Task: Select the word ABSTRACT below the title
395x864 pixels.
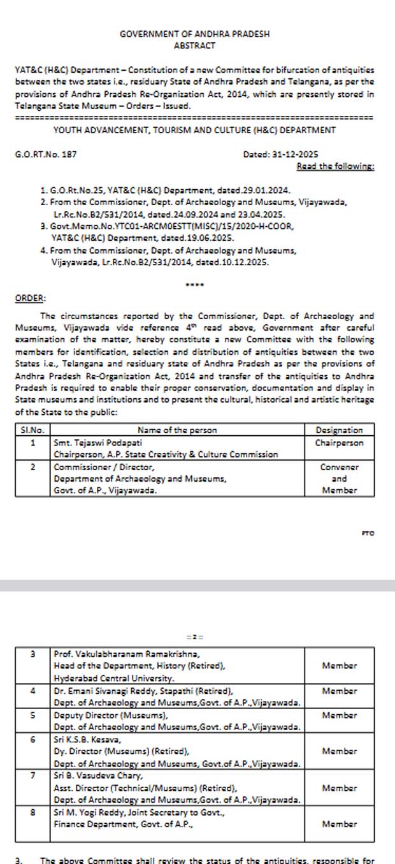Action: point(194,46)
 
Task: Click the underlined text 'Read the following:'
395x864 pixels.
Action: point(335,166)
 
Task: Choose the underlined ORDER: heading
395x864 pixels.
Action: point(30,298)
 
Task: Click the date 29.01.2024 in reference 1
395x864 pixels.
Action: point(264,190)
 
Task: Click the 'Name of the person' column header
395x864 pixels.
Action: point(177,430)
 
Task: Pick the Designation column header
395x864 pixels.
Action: point(339,430)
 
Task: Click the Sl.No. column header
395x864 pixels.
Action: point(32,430)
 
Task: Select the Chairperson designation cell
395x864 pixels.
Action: point(339,442)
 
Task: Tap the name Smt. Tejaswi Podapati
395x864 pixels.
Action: point(98,442)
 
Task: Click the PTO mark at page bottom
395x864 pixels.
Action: point(368,533)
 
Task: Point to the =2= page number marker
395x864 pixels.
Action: point(194,637)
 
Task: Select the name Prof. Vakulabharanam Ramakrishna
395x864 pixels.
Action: point(127,654)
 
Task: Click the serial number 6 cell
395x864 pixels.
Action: point(32,740)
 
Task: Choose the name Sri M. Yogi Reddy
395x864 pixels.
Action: point(89,812)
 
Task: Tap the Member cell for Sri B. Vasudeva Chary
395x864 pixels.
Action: point(339,788)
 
